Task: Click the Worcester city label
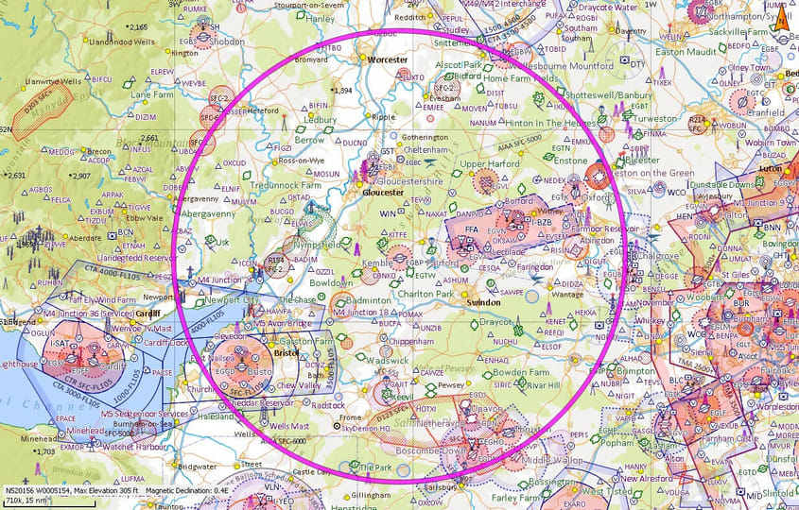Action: [387, 59]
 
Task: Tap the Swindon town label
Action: [483, 301]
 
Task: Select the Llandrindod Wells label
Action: [120, 42]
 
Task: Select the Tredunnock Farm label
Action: [285, 185]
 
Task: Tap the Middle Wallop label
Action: [549, 459]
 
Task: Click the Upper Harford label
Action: [484, 163]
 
